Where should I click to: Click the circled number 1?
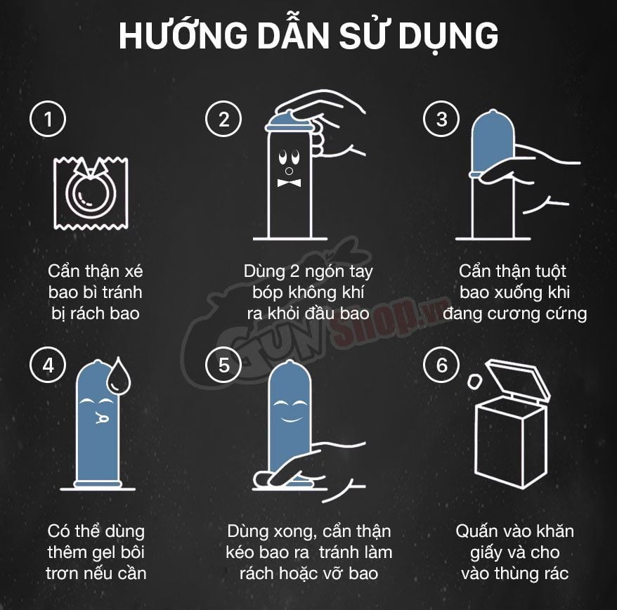point(48,119)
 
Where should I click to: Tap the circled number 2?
point(223,119)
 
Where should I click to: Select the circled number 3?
point(441,119)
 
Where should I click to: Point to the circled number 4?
point(48,365)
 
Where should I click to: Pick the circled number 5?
point(223,365)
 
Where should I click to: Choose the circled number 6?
point(441,365)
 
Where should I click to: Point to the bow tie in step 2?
point(290,183)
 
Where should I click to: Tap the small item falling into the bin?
point(474,382)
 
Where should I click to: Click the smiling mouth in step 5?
point(291,418)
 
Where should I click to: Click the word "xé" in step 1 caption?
point(134,271)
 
